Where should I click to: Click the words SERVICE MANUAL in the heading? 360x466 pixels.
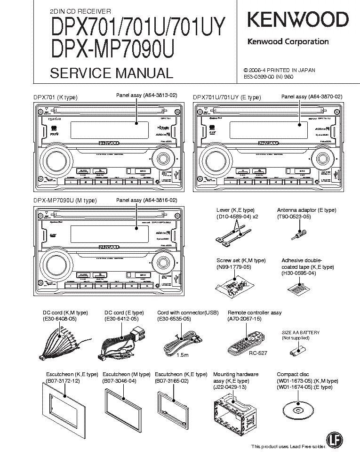[111, 73]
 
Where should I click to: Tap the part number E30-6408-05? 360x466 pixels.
[61, 319]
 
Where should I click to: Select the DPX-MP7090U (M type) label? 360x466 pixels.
[64, 201]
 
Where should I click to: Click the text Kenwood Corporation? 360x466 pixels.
[288, 41]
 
